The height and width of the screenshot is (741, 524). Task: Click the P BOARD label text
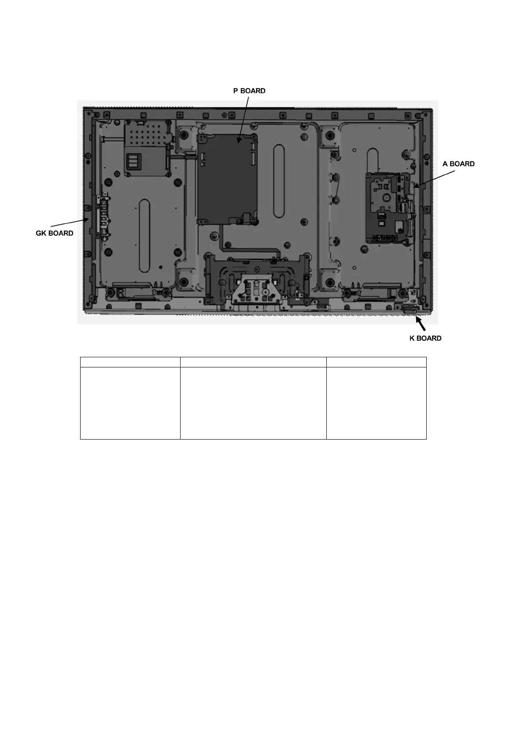tap(249, 91)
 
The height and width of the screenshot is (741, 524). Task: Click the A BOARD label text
tap(458, 164)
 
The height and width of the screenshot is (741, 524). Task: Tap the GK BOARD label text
tap(55, 233)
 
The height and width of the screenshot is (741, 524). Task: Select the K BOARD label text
tap(425, 338)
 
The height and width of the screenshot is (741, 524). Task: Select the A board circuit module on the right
tap(389, 207)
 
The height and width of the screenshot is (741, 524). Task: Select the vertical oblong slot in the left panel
tap(144, 235)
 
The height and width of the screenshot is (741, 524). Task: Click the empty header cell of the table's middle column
tap(253, 362)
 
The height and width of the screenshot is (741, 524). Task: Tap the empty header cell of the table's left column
tap(130, 362)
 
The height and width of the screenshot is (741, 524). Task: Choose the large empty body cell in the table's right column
tap(376, 403)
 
